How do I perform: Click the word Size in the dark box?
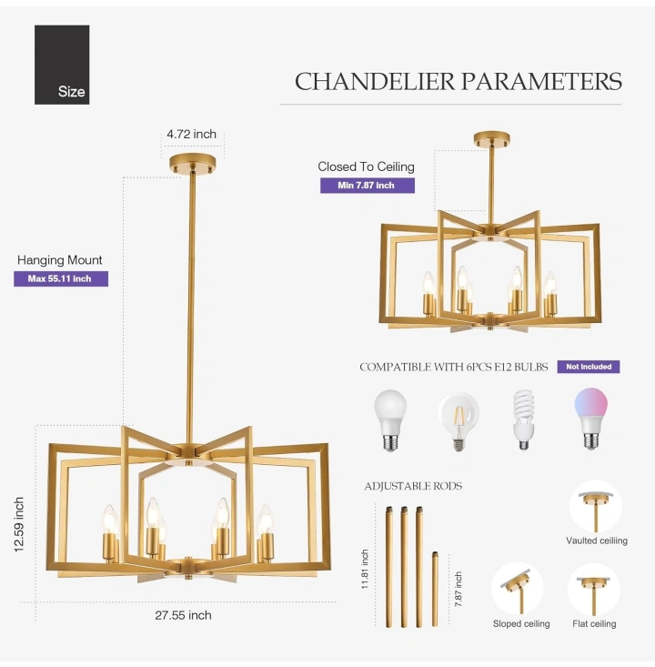(72, 92)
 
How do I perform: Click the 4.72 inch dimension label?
(191, 134)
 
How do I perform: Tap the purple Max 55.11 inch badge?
(61, 278)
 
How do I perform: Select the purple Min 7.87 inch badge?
(368, 186)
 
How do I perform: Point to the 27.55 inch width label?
(183, 615)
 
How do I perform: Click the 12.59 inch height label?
(19, 524)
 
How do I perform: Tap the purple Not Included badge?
(589, 367)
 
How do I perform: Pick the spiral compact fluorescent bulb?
(524, 419)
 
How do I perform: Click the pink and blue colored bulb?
(590, 419)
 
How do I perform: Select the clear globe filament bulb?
(458, 421)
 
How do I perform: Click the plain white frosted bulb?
(390, 420)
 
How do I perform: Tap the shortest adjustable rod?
(435, 589)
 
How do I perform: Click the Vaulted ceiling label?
(597, 541)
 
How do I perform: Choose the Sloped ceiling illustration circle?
(518, 589)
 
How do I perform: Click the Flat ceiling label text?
(594, 623)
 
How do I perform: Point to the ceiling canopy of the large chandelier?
(192, 163)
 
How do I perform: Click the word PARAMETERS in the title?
(541, 81)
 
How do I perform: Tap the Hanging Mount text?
(59, 260)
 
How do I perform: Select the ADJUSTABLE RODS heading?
(413, 486)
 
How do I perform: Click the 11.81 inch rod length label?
(365, 569)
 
